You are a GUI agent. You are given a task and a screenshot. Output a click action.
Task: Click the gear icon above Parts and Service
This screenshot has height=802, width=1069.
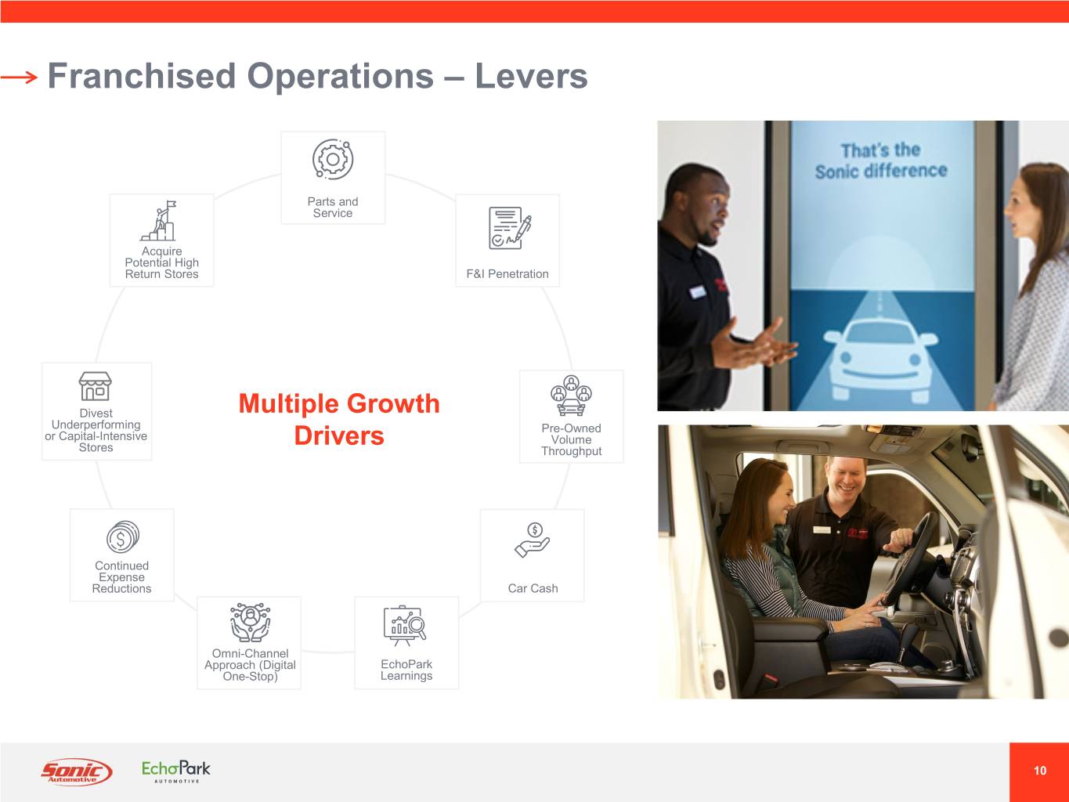[333, 159]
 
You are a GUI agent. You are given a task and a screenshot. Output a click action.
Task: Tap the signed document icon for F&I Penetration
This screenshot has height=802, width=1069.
[510, 228]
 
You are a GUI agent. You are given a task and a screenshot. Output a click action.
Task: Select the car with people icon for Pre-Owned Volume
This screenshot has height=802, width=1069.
[571, 395]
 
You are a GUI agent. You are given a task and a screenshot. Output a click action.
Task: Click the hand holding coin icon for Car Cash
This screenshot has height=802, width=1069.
[533, 540]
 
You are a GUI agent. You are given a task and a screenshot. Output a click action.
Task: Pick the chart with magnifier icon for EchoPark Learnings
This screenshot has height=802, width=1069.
[405, 626]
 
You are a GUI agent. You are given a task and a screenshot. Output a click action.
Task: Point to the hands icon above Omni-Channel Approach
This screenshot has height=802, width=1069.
[251, 622]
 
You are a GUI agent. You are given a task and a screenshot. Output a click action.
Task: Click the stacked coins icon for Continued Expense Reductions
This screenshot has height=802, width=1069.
[123, 536]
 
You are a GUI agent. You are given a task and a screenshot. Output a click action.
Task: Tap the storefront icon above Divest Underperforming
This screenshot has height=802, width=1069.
[95, 386]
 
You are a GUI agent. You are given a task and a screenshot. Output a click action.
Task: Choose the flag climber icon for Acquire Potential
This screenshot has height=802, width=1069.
[159, 221]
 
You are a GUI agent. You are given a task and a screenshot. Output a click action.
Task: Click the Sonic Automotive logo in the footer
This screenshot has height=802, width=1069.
[77, 771]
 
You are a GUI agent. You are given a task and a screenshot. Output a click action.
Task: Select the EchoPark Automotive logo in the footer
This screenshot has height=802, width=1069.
[175, 771]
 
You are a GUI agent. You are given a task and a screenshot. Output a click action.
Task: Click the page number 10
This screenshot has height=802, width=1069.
[1040, 771]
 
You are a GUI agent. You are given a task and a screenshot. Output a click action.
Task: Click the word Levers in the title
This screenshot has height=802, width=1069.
[531, 76]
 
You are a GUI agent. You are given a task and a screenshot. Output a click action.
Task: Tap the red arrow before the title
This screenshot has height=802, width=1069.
[19, 77]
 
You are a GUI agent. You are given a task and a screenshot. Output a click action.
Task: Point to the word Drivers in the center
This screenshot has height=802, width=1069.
[339, 435]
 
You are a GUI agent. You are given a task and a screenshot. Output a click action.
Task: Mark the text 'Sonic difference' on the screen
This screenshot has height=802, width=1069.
[881, 172]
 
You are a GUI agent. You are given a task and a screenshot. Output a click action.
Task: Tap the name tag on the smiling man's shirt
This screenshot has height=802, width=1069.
[822, 529]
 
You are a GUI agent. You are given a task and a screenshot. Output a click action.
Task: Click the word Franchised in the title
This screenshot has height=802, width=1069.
[142, 76]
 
